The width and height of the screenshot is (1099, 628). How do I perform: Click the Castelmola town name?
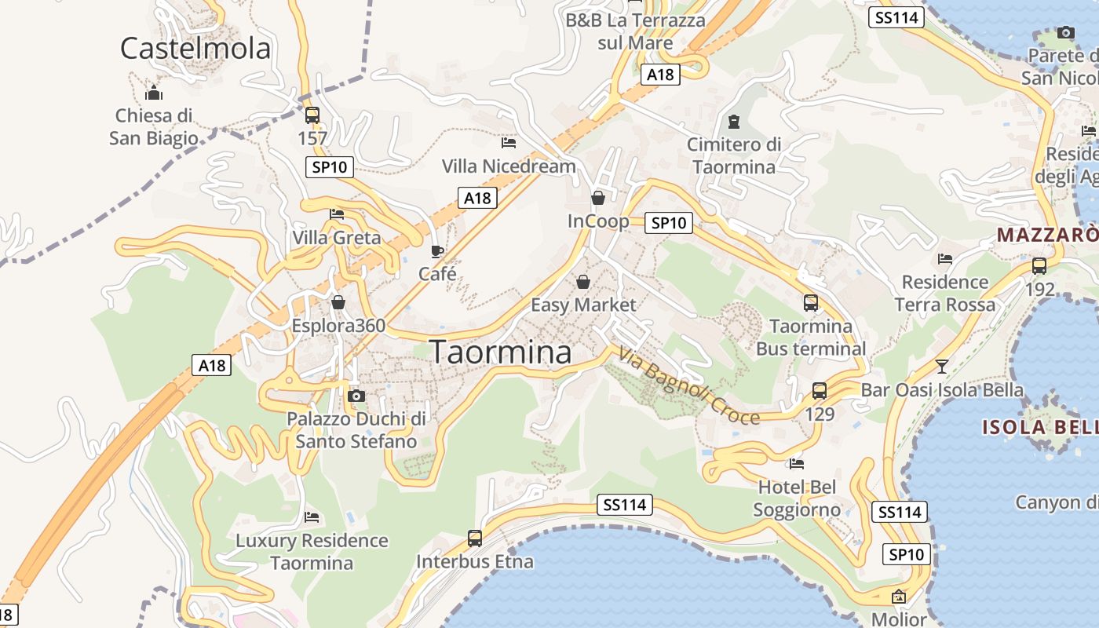click(195, 49)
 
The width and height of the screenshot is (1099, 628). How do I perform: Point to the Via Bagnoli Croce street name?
click(688, 385)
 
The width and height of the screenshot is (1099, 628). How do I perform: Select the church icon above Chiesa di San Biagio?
click(154, 93)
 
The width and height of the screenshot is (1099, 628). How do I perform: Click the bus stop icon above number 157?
click(312, 115)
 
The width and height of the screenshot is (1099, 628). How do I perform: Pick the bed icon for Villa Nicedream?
click(509, 143)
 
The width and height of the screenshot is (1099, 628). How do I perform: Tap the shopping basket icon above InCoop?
click(598, 198)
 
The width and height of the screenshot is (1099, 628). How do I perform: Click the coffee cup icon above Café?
click(437, 251)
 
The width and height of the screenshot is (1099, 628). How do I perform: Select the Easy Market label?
click(583, 305)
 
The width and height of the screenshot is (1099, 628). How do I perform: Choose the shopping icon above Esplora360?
click(338, 302)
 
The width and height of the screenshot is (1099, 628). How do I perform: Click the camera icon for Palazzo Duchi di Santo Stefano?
click(356, 396)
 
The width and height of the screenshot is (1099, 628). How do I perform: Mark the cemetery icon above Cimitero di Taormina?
click(734, 122)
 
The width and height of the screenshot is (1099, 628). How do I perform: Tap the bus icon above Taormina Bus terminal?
click(811, 302)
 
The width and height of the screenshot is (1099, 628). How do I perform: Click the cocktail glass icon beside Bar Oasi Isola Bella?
click(942, 366)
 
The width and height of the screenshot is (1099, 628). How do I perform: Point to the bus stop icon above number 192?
click(1039, 266)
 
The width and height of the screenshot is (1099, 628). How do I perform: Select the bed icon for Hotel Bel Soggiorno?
click(797, 464)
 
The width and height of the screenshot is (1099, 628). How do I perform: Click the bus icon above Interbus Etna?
click(475, 539)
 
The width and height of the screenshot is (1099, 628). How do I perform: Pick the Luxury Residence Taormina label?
click(312, 552)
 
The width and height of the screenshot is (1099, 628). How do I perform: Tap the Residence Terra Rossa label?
click(945, 293)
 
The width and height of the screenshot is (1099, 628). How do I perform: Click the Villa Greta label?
click(336, 238)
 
